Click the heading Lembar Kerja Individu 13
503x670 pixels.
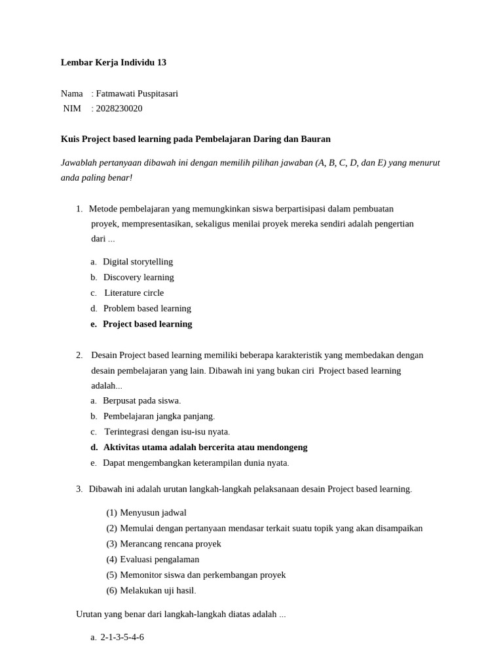(x=113, y=63)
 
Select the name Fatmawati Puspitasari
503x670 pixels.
(x=137, y=94)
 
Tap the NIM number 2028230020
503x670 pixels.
(x=119, y=109)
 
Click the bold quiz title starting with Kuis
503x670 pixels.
(x=195, y=139)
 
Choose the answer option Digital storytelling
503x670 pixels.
(x=138, y=262)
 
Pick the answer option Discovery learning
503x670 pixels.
(x=138, y=277)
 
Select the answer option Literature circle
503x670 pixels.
(x=134, y=293)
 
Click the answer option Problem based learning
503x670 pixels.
(x=147, y=308)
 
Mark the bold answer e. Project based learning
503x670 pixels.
(x=147, y=324)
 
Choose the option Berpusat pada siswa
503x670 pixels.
(x=141, y=400)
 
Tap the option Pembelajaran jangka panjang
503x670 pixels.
(x=158, y=416)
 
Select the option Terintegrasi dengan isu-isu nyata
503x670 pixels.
(x=167, y=432)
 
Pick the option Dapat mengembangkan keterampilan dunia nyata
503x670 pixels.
(x=196, y=463)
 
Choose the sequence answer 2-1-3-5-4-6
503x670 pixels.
(x=122, y=637)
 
